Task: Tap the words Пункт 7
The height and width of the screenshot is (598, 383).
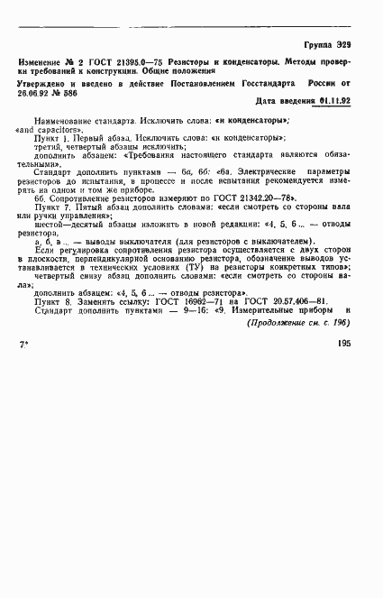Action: (x=51, y=207)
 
